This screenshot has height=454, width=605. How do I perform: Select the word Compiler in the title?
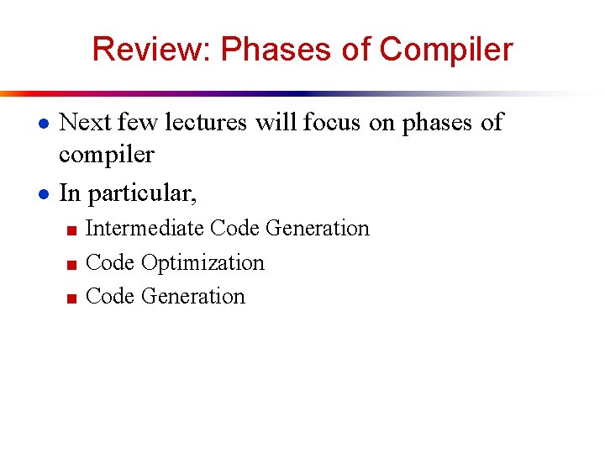click(x=445, y=50)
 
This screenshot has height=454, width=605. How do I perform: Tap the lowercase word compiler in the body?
click(x=107, y=156)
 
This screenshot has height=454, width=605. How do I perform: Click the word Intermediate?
click(x=145, y=229)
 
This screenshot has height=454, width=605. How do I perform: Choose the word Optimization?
click(x=203, y=263)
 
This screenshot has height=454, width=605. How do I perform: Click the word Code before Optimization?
click(x=111, y=263)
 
